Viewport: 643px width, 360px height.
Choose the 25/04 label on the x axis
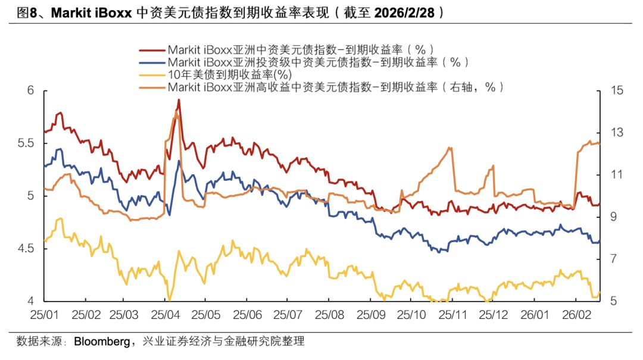click(x=166, y=314)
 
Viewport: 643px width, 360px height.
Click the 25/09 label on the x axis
click(x=371, y=314)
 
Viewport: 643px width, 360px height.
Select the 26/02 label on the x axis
click(x=576, y=314)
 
